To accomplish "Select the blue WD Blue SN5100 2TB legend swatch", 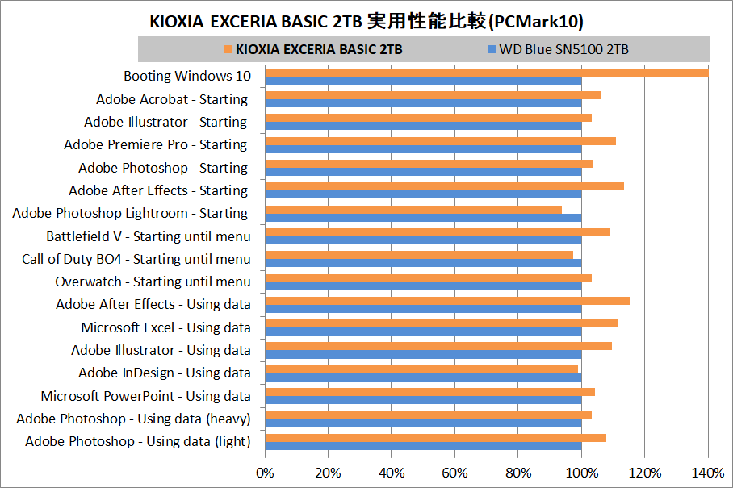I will tap(491, 50).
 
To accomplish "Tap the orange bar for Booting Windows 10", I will tap(486, 73).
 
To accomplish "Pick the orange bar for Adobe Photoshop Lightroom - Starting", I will tap(413, 210).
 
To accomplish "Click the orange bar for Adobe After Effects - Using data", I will tap(447, 301).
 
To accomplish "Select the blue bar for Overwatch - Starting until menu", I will tap(423, 286).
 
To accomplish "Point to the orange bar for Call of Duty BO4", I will tap(419, 255).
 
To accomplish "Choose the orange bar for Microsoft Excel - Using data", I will tap(442, 323).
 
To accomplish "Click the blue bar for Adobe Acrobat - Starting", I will tap(423, 103).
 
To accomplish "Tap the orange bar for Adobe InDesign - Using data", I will tap(421, 369).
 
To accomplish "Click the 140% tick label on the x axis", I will tap(708, 472).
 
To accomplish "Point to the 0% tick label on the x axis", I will tap(265, 472).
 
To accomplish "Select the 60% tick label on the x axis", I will tap(454, 472).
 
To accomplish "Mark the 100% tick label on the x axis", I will tap(581, 472).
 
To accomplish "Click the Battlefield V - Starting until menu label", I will tap(148, 236).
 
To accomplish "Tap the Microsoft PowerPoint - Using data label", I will tap(145, 396).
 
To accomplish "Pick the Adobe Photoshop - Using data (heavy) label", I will tap(133, 419).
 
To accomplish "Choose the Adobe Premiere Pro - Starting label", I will tap(155, 145).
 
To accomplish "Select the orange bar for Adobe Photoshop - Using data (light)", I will tap(435, 438).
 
